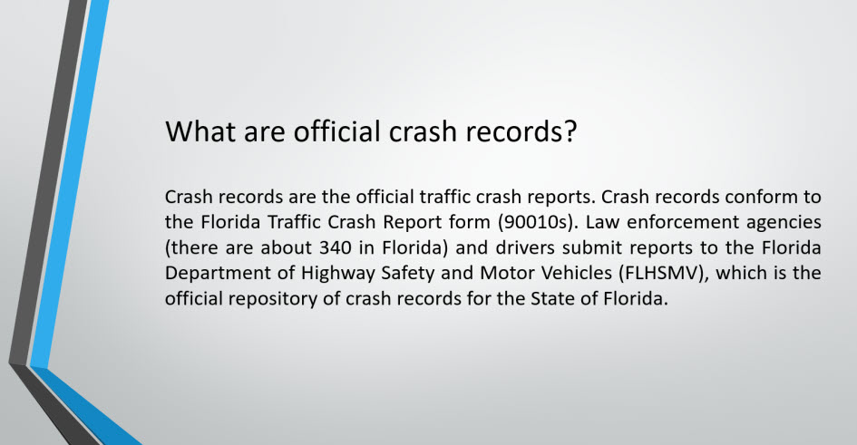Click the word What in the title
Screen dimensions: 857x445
click(200, 131)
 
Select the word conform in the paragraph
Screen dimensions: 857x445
click(759, 197)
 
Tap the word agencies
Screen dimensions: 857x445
click(784, 223)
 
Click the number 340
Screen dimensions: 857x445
click(336, 248)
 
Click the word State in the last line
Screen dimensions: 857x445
click(551, 299)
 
